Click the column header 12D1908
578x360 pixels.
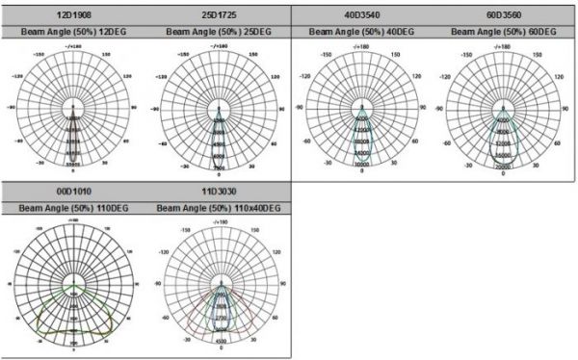pos(73,16)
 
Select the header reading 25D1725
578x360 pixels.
pos(218,16)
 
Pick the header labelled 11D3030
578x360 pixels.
pos(218,193)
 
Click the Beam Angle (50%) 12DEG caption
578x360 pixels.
pos(73,31)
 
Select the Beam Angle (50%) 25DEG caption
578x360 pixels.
pos(218,31)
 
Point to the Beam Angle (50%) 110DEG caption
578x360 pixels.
pos(73,207)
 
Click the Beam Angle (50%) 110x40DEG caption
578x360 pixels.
pos(218,207)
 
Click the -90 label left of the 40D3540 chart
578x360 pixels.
pos(300,108)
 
